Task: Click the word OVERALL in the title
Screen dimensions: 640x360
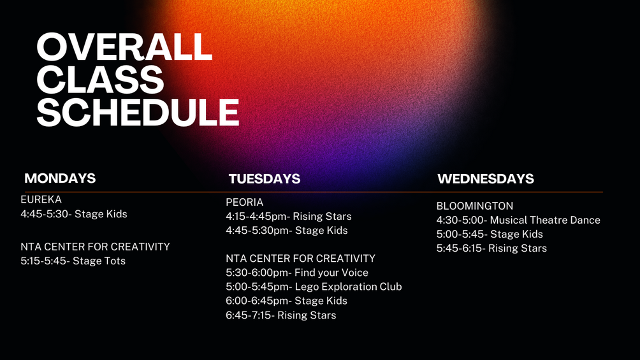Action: (x=124, y=47)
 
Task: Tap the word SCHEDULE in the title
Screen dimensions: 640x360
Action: (x=138, y=112)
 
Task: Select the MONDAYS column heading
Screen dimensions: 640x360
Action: (x=60, y=178)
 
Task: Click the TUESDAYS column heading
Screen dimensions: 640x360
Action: (x=265, y=179)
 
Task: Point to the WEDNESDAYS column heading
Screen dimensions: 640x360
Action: (x=486, y=179)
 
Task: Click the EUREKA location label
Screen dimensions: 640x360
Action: (x=41, y=199)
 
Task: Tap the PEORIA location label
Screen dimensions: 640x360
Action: (x=245, y=203)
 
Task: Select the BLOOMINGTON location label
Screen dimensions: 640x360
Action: (x=475, y=206)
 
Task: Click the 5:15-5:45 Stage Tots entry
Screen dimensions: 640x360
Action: (x=73, y=261)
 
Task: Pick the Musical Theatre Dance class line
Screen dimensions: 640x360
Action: (x=518, y=220)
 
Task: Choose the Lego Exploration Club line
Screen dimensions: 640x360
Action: (x=314, y=287)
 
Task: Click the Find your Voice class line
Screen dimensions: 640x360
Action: (x=297, y=273)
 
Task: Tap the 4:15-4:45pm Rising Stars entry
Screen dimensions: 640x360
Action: (x=289, y=217)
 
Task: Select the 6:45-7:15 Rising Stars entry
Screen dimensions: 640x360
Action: (x=281, y=315)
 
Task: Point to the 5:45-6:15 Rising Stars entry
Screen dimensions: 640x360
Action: (x=491, y=248)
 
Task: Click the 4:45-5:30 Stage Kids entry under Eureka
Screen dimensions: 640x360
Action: (x=74, y=214)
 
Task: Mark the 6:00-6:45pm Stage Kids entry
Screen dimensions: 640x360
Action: (x=286, y=301)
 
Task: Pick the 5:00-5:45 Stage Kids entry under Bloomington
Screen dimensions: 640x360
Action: (x=490, y=234)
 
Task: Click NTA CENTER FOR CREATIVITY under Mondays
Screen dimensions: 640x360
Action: (x=95, y=247)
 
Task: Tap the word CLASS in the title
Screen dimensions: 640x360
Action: (x=101, y=80)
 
